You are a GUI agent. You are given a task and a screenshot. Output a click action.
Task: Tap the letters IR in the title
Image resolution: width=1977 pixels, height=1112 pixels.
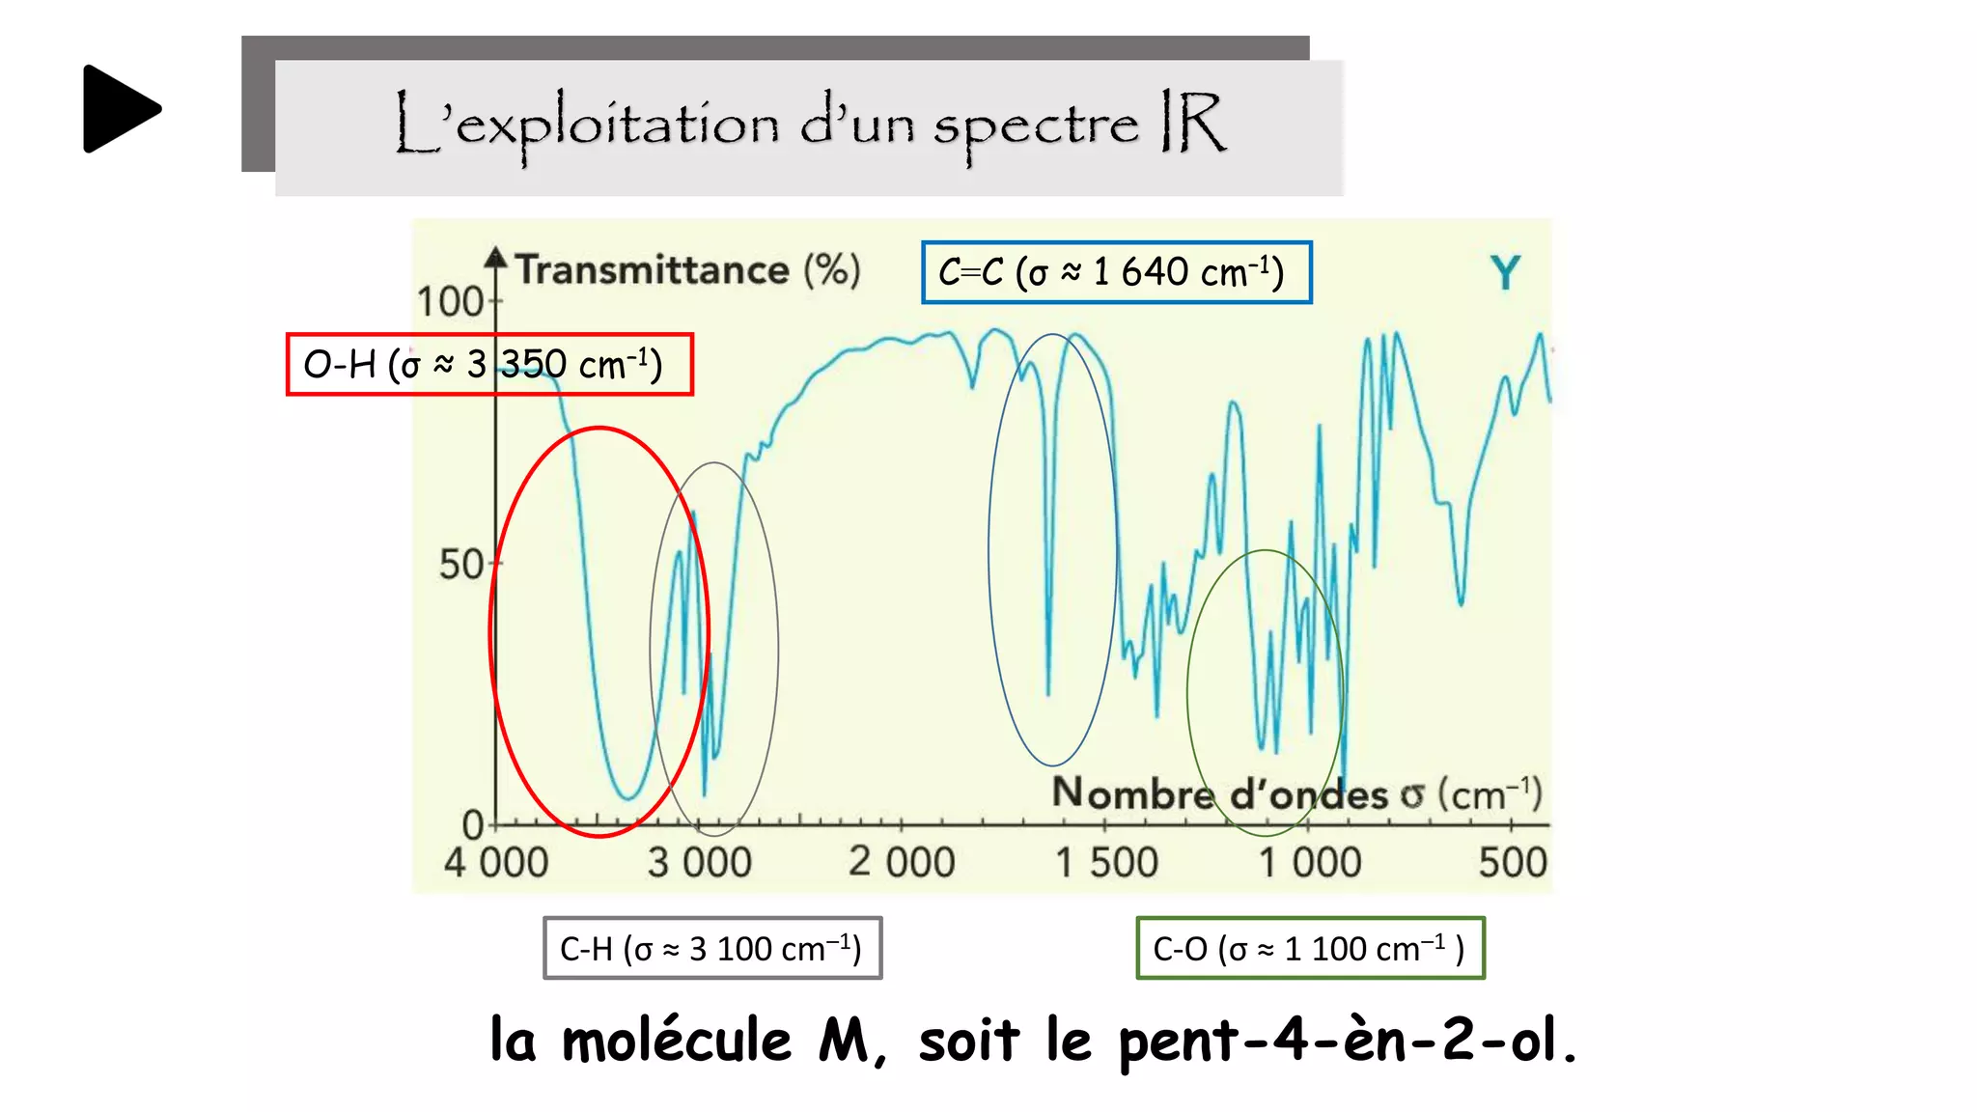[x=1192, y=123]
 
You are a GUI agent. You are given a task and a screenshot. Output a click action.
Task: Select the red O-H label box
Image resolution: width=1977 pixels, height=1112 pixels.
[x=489, y=365]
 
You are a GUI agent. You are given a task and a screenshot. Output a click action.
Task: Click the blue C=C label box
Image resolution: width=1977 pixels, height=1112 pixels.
[x=1116, y=273]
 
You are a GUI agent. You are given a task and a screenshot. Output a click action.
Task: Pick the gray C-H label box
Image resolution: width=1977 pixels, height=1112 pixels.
[x=712, y=948]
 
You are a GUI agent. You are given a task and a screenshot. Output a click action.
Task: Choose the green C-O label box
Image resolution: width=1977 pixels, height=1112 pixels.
[x=1310, y=948]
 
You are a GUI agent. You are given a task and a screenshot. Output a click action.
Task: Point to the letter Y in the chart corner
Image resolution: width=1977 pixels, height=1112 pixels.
[x=1505, y=273]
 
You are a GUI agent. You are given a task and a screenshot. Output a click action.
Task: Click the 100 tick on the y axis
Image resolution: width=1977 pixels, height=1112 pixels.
[x=450, y=302]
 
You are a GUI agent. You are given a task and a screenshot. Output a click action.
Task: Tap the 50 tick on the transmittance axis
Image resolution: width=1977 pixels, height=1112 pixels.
[x=461, y=565]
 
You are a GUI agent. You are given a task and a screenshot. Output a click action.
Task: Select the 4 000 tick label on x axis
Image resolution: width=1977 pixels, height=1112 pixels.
[x=496, y=862]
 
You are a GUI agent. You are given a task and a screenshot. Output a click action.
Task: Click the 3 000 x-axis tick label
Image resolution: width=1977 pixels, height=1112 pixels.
[x=700, y=862]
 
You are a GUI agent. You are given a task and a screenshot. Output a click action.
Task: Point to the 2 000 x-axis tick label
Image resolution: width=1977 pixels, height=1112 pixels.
[x=902, y=862]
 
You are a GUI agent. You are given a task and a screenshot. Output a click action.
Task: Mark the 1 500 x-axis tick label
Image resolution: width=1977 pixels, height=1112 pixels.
[x=1106, y=862]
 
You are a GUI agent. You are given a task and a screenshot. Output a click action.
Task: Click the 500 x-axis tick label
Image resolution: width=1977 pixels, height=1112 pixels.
[x=1513, y=862]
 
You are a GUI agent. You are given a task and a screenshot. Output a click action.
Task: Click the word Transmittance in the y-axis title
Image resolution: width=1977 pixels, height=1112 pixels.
[x=653, y=270]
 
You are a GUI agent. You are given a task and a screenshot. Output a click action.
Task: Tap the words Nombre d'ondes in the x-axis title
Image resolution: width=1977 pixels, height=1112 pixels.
[x=1219, y=794]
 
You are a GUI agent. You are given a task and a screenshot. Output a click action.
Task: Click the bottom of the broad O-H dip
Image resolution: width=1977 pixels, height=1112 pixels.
[x=628, y=797]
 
